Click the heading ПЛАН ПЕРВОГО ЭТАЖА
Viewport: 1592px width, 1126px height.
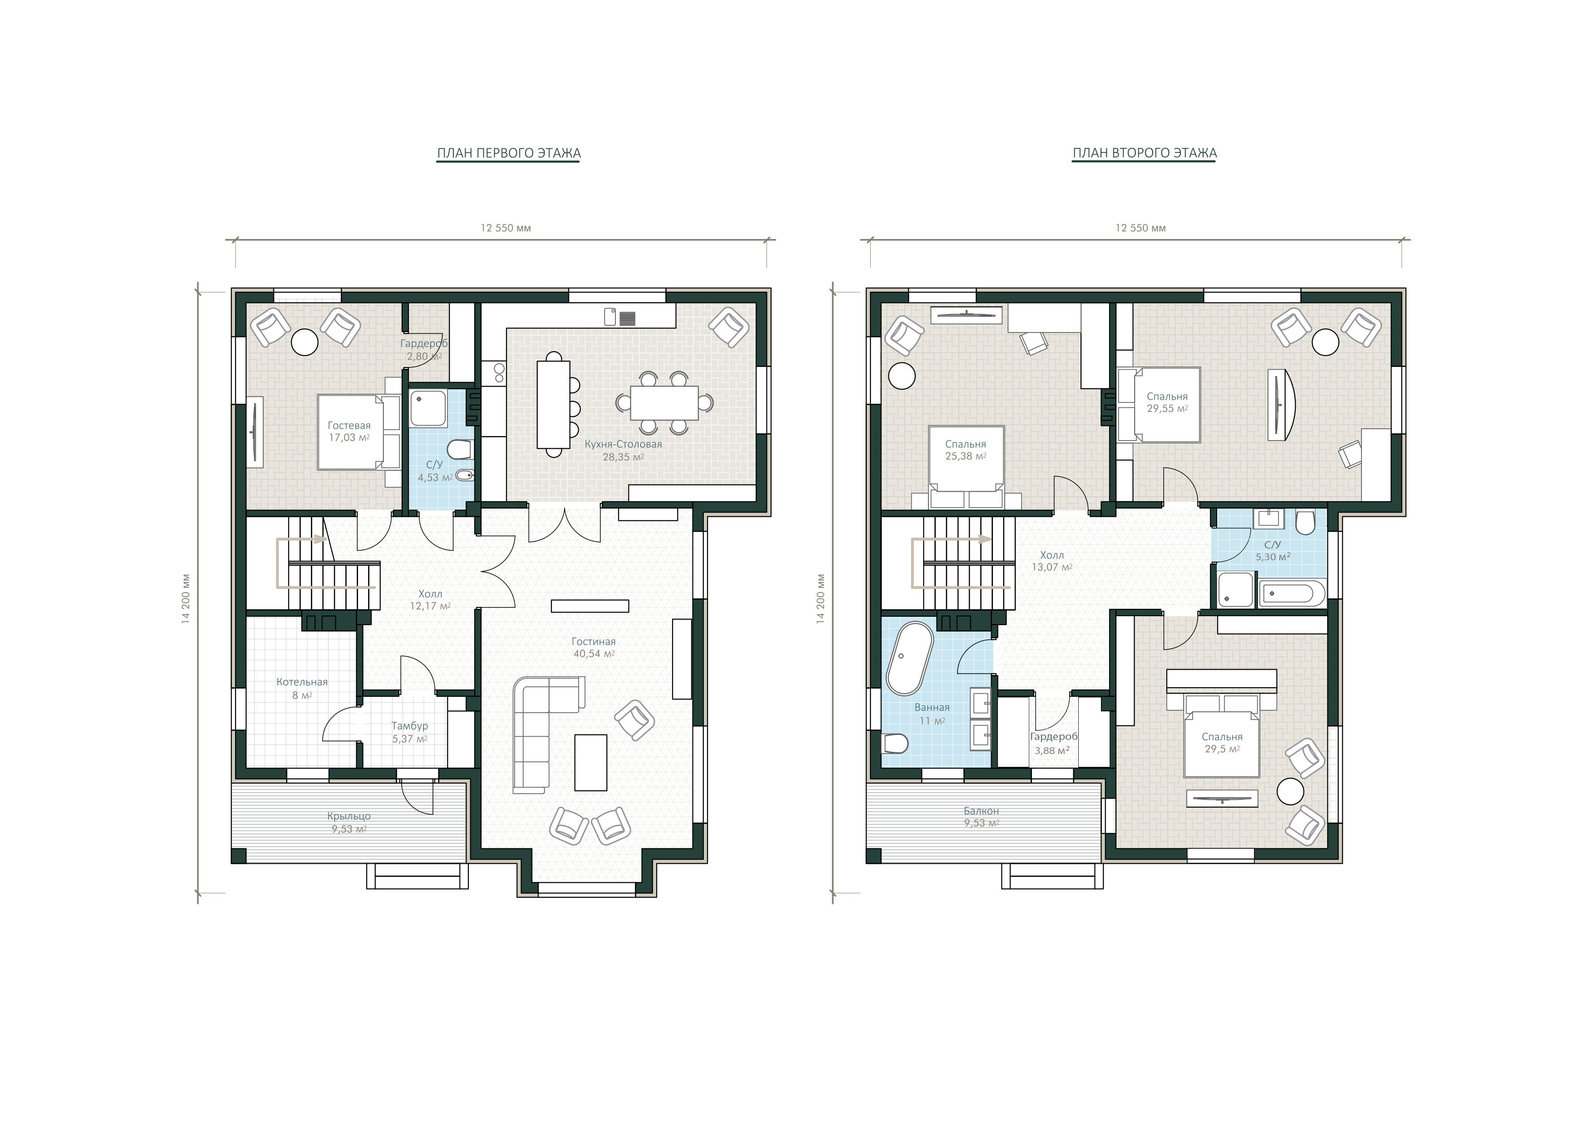click(508, 153)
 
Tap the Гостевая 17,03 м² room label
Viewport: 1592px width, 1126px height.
click(349, 431)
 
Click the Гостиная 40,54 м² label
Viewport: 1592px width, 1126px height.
click(594, 647)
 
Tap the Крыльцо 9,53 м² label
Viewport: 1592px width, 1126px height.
click(349, 822)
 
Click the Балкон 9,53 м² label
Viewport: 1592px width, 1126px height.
click(981, 817)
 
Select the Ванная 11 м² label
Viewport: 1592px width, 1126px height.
click(932, 714)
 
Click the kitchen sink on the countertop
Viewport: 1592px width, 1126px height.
click(610, 317)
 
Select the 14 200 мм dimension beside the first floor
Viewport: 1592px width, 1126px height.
click(185, 599)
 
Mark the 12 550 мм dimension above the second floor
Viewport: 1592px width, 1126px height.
click(1140, 228)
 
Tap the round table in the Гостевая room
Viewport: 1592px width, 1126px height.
click(305, 342)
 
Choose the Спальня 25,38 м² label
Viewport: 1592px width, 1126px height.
click(965, 450)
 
